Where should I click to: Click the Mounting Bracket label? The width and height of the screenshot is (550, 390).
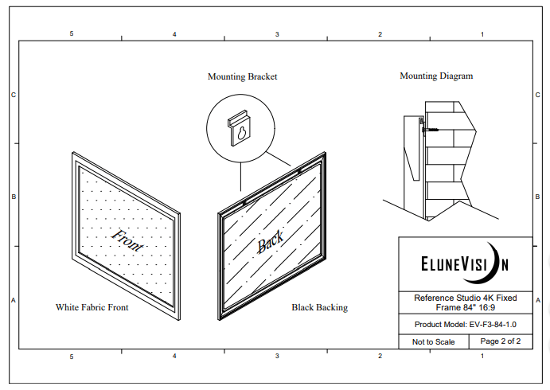[242, 77]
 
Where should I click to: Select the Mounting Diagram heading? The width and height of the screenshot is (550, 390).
[435, 76]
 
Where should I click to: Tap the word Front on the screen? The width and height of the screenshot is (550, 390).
[127, 240]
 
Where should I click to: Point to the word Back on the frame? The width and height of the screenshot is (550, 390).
[270, 244]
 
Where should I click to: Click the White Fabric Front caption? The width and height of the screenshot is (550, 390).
[92, 306]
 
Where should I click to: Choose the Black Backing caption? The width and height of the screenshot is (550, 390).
[319, 307]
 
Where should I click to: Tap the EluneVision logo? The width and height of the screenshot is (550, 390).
[465, 263]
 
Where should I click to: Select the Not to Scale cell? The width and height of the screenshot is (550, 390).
[433, 341]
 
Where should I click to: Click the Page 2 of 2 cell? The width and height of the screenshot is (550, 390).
[500, 341]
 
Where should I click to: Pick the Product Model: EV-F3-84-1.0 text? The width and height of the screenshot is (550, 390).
[465, 325]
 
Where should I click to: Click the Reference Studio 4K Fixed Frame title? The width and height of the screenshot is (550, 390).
[465, 302]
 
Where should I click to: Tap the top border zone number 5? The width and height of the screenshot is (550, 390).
[72, 34]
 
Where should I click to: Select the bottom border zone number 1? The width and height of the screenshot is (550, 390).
[482, 356]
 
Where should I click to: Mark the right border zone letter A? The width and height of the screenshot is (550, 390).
[539, 300]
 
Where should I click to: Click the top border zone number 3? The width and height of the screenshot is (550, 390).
[277, 34]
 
